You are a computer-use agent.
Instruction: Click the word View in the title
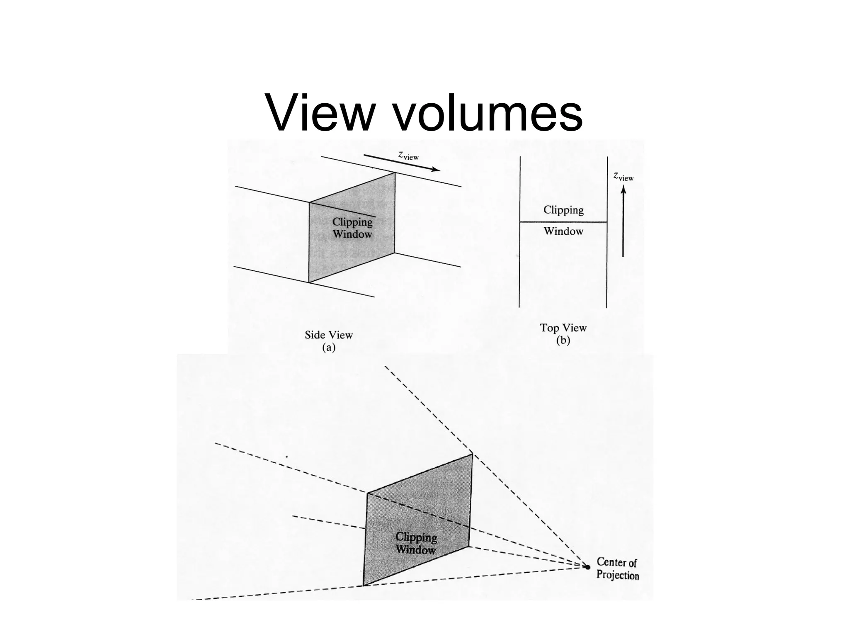click(x=320, y=113)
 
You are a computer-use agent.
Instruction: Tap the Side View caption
click(x=328, y=335)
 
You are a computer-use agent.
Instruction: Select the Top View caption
click(x=563, y=328)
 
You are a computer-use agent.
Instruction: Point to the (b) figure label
click(x=563, y=340)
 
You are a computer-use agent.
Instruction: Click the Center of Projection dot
click(x=587, y=567)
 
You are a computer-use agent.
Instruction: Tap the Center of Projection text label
click(x=617, y=569)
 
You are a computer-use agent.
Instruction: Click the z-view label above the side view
click(x=408, y=155)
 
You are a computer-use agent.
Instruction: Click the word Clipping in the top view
click(x=563, y=210)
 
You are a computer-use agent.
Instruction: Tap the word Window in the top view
click(x=563, y=231)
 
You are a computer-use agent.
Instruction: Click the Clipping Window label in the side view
click(x=352, y=228)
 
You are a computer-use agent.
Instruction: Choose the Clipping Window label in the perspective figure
click(x=415, y=543)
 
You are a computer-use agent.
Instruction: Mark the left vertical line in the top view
click(x=520, y=265)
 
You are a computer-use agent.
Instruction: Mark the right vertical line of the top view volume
click(x=607, y=274)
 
